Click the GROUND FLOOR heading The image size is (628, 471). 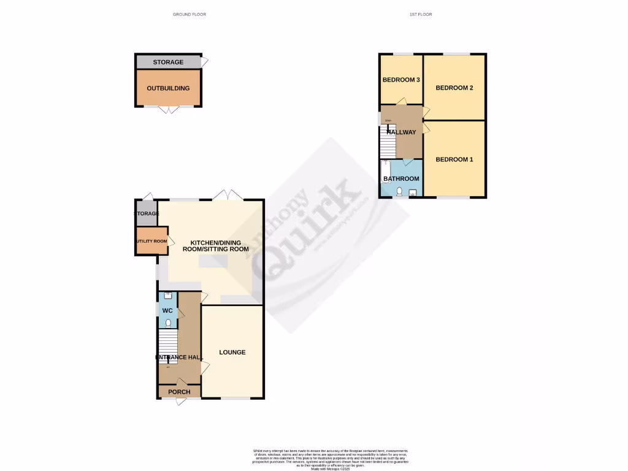[x=190, y=14]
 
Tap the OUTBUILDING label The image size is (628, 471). [x=168, y=88]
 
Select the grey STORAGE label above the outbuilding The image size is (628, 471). [x=168, y=63]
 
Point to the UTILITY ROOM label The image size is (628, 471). [x=151, y=242]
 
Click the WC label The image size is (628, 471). [x=167, y=311]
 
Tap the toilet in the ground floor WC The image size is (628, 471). [x=168, y=323]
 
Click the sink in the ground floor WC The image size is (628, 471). [x=167, y=296]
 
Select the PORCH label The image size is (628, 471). [x=179, y=392]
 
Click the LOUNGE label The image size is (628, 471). [x=232, y=353]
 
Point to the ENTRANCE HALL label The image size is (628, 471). [x=179, y=358]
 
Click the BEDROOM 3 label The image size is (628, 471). [x=401, y=80]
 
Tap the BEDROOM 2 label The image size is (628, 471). [x=454, y=88]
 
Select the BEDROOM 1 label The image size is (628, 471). [x=454, y=160]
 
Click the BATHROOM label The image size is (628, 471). [x=401, y=179]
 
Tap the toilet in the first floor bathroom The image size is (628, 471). [x=399, y=193]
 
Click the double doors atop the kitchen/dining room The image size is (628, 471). [x=227, y=196]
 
